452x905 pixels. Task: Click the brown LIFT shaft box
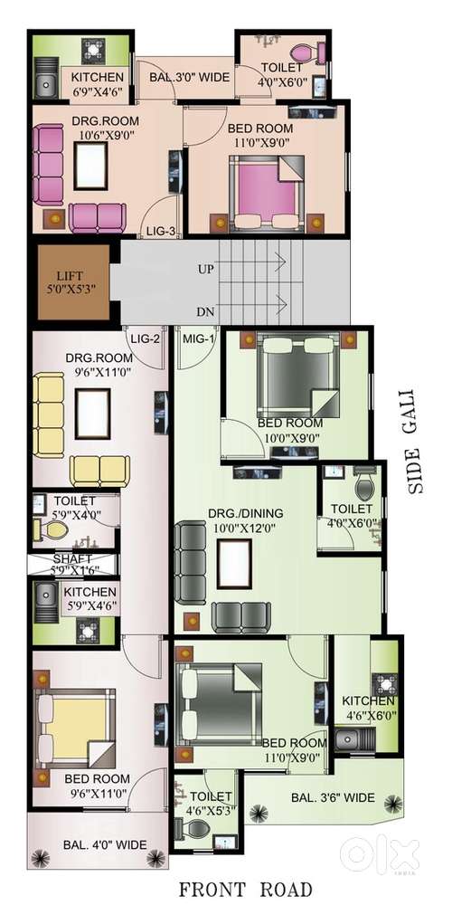[x=73, y=281]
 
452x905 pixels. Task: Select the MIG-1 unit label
[x=198, y=338]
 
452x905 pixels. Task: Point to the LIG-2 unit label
[x=146, y=338]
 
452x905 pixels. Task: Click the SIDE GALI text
[x=419, y=442]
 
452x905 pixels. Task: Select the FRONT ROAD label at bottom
[x=245, y=889]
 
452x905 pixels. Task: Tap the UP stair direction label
[x=204, y=269]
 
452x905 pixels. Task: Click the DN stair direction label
[x=204, y=312]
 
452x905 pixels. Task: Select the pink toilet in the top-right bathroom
[x=308, y=53]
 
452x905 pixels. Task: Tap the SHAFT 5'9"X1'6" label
[x=72, y=565]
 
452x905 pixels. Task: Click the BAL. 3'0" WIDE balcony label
[x=190, y=77]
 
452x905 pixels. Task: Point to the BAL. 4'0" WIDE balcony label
[x=105, y=845]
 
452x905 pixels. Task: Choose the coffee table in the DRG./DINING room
[x=234, y=564]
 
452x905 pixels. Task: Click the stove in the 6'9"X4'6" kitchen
[x=93, y=50]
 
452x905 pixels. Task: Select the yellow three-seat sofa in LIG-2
[x=48, y=415]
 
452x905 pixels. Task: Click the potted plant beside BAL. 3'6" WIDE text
[x=395, y=804]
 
